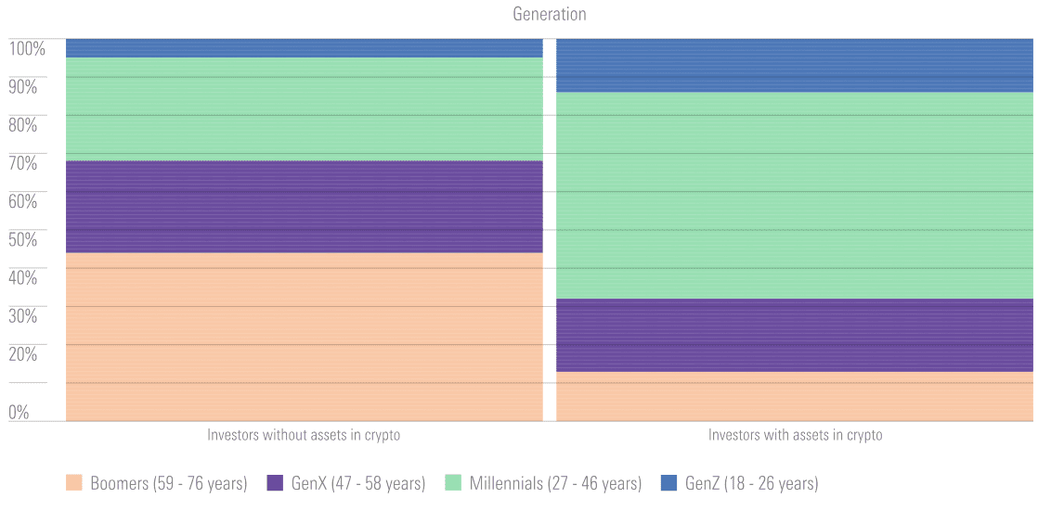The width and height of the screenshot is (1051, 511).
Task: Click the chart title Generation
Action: (549, 14)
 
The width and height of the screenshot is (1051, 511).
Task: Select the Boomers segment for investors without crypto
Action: (304, 337)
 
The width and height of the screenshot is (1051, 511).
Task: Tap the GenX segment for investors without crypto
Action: (304, 207)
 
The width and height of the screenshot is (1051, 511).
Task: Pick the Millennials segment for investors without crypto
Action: (304, 109)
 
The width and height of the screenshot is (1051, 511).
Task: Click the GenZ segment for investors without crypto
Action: (304, 48)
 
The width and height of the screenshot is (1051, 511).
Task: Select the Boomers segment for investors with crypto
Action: (794, 396)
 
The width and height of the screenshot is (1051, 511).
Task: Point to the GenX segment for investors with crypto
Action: (794, 335)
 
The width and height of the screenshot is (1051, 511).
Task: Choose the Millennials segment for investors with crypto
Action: (794, 195)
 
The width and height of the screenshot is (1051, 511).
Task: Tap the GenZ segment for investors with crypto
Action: (794, 65)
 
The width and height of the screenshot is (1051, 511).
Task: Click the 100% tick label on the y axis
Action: (27, 48)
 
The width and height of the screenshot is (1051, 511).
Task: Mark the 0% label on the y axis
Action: (19, 412)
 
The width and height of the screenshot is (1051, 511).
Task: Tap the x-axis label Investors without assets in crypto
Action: (304, 435)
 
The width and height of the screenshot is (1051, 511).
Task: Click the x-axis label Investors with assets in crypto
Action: (795, 435)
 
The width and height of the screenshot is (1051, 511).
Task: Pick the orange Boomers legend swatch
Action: (74, 483)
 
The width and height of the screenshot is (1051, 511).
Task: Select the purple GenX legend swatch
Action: (275, 483)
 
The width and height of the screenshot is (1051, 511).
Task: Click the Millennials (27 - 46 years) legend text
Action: (555, 483)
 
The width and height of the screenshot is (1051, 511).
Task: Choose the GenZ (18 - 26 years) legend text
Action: (751, 483)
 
